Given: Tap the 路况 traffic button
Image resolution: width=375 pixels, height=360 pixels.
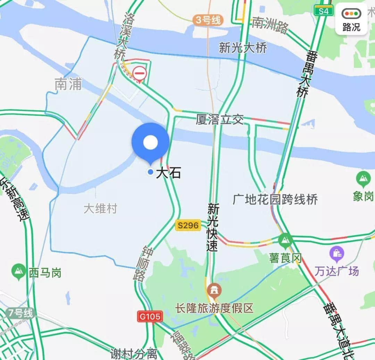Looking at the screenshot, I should click(351, 19).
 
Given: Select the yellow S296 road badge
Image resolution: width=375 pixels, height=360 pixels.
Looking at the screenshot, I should click(188, 225).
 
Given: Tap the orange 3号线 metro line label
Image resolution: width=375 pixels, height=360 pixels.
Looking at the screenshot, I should click(208, 20).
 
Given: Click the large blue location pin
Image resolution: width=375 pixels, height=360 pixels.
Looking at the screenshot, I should click(150, 142).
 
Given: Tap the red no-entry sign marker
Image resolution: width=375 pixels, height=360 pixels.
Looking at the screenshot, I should click(140, 74).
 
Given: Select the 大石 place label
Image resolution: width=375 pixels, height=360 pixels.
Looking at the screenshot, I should click(168, 172).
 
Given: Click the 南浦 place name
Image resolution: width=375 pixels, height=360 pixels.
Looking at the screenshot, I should click(68, 84).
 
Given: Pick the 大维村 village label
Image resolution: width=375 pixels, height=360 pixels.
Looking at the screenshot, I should click(101, 209).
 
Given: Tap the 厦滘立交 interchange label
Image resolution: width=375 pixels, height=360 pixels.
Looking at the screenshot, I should click(219, 120).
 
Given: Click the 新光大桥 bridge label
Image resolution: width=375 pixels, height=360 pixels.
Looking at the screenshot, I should click(243, 48).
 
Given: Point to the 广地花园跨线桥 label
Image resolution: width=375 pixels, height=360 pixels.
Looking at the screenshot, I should click(275, 200).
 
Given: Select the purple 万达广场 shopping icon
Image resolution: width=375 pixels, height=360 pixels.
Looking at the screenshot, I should click(336, 253).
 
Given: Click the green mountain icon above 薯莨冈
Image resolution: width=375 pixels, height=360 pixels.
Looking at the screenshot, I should click(285, 239).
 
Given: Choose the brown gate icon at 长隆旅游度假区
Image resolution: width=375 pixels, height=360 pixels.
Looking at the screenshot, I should click(213, 290).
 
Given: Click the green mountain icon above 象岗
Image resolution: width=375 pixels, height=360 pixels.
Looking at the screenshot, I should click(363, 179).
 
